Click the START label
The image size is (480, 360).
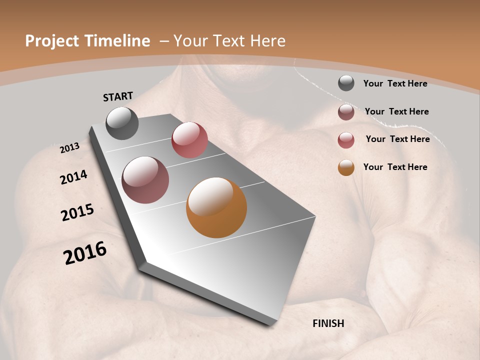click(x=118, y=96)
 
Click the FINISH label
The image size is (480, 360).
click(x=328, y=323)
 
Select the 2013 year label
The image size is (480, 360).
click(x=69, y=148)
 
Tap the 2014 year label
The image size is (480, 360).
click(x=74, y=177)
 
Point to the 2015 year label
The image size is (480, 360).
click(x=77, y=212)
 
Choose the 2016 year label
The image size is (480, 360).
click(x=85, y=253)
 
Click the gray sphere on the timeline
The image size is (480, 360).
click(x=122, y=123)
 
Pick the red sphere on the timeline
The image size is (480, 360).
click(x=189, y=139)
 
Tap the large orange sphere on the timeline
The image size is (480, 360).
click(x=216, y=207)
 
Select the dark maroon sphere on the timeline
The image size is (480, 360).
click(x=145, y=180)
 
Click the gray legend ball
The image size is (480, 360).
click(x=346, y=83)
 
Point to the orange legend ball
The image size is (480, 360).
click(x=346, y=167)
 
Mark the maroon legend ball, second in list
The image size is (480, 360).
click(x=346, y=112)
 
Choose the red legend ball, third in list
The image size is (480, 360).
click(x=346, y=140)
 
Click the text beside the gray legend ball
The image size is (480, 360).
click(x=395, y=83)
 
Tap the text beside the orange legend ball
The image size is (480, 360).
click(x=395, y=167)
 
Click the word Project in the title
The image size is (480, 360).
click(x=52, y=41)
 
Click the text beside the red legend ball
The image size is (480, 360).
click(x=397, y=139)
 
